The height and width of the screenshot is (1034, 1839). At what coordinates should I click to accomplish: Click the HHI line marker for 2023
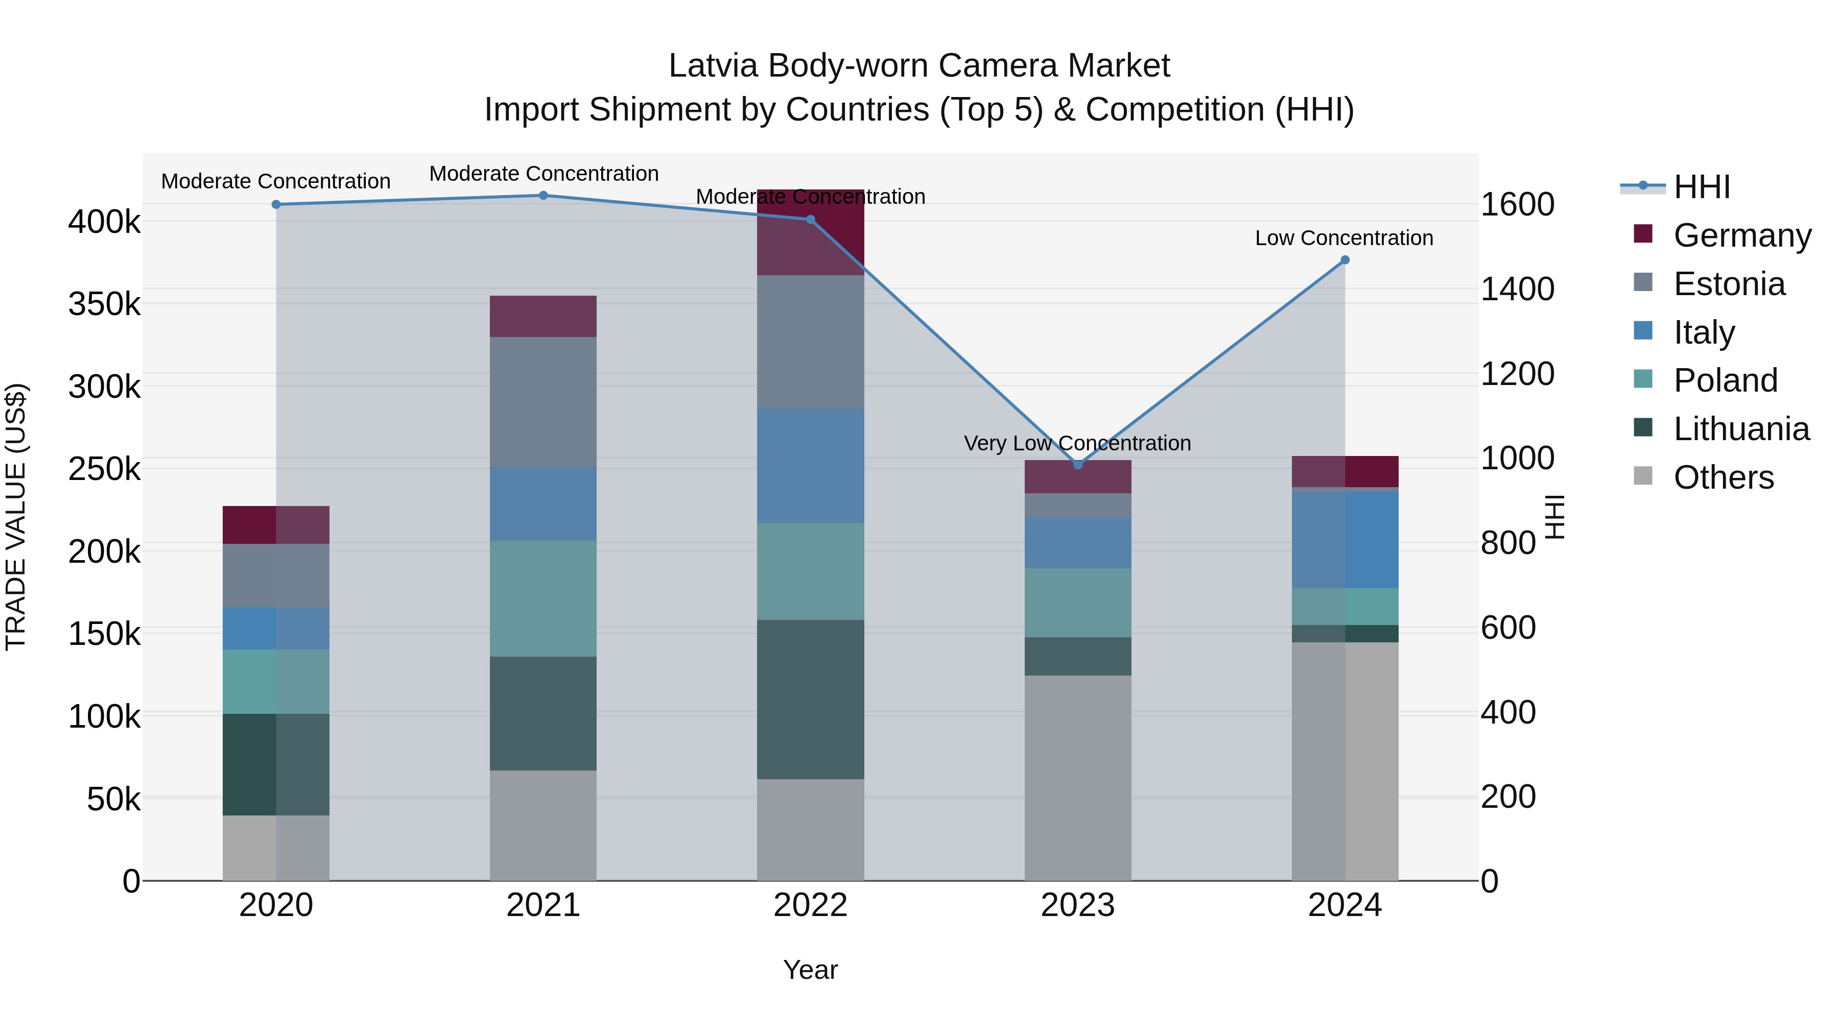[1078, 465]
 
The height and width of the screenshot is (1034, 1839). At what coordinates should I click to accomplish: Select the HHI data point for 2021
[544, 196]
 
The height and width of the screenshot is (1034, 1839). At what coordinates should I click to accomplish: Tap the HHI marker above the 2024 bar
[1345, 260]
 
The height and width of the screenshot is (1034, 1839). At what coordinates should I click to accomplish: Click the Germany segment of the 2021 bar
[544, 316]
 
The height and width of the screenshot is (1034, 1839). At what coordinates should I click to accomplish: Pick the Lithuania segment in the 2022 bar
[810, 700]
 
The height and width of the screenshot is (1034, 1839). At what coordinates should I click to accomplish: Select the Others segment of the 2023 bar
[1078, 778]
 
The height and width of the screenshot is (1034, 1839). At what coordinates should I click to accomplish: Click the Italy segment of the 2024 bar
[1345, 540]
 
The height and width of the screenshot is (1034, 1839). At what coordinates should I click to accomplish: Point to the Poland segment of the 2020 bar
[276, 682]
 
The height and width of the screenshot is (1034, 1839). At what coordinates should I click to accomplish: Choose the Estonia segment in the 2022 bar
[810, 342]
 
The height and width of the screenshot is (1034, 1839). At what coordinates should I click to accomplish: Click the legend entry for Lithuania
[1740, 429]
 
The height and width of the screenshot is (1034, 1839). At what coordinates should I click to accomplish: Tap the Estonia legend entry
[1728, 284]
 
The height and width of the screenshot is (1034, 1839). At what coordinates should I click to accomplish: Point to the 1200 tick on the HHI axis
[1517, 374]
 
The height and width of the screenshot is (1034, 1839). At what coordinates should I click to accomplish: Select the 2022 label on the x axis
[810, 905]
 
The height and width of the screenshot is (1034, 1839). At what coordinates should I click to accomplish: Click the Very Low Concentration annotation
[1077, 443]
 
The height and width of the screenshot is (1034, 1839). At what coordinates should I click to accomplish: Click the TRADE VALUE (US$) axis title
[16, 517]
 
